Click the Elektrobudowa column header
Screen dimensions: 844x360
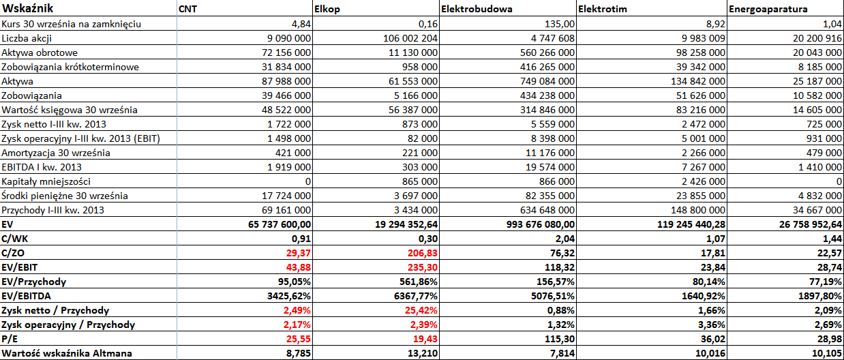point(477,9)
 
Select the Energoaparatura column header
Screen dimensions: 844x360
point(768,9)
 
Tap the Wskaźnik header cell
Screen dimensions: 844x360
point(27,8)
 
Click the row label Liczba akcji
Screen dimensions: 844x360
point(27,38)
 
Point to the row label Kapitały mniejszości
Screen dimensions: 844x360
point(46,181)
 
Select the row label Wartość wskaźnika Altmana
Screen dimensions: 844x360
point(67,353)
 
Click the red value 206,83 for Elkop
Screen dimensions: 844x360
point(423,253)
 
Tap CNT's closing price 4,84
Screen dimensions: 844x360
point(301,24)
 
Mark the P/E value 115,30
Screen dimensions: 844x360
point(560,339)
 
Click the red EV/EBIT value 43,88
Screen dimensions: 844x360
point(299,267)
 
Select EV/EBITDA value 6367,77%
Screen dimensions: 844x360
point(416,296)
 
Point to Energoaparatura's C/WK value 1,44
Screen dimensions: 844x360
point(832,239)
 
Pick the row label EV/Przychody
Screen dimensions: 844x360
point(34,282)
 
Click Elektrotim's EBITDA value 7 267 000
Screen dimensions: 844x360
point(704,167)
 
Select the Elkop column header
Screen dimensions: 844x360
point(327,9)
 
